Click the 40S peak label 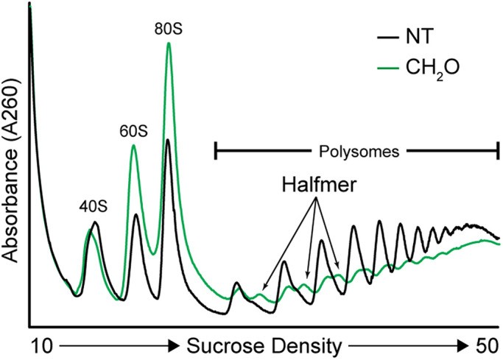coord(94,207)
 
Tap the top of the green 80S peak coord(169,43)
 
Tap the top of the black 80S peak coord(168,140)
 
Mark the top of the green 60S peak coord(133,145)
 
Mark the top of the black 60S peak coord(136,215)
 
